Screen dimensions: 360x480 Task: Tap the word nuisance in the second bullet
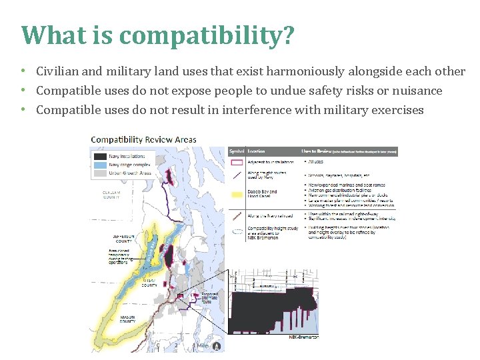416,91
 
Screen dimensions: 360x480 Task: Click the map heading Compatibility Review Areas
143,140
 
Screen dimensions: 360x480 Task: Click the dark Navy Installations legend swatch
99,155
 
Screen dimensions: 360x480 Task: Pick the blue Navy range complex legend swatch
99,164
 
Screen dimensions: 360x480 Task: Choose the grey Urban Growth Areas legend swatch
99,173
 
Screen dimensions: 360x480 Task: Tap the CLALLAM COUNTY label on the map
111,194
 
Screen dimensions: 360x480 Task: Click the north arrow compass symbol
216,345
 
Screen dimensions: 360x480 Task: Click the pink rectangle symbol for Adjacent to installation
237,162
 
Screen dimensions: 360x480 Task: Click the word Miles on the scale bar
203,345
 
